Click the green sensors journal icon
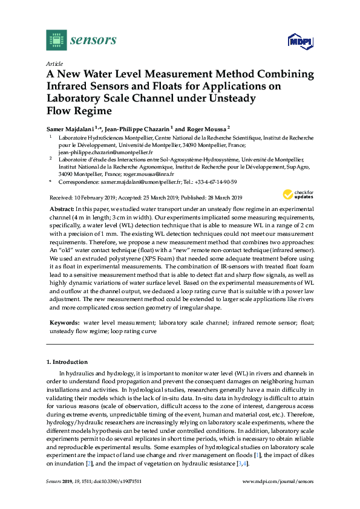tap(56, 40)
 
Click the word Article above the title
tap(54, 63)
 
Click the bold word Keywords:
tap(65, 323)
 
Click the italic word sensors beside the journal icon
tap(93, 41)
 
